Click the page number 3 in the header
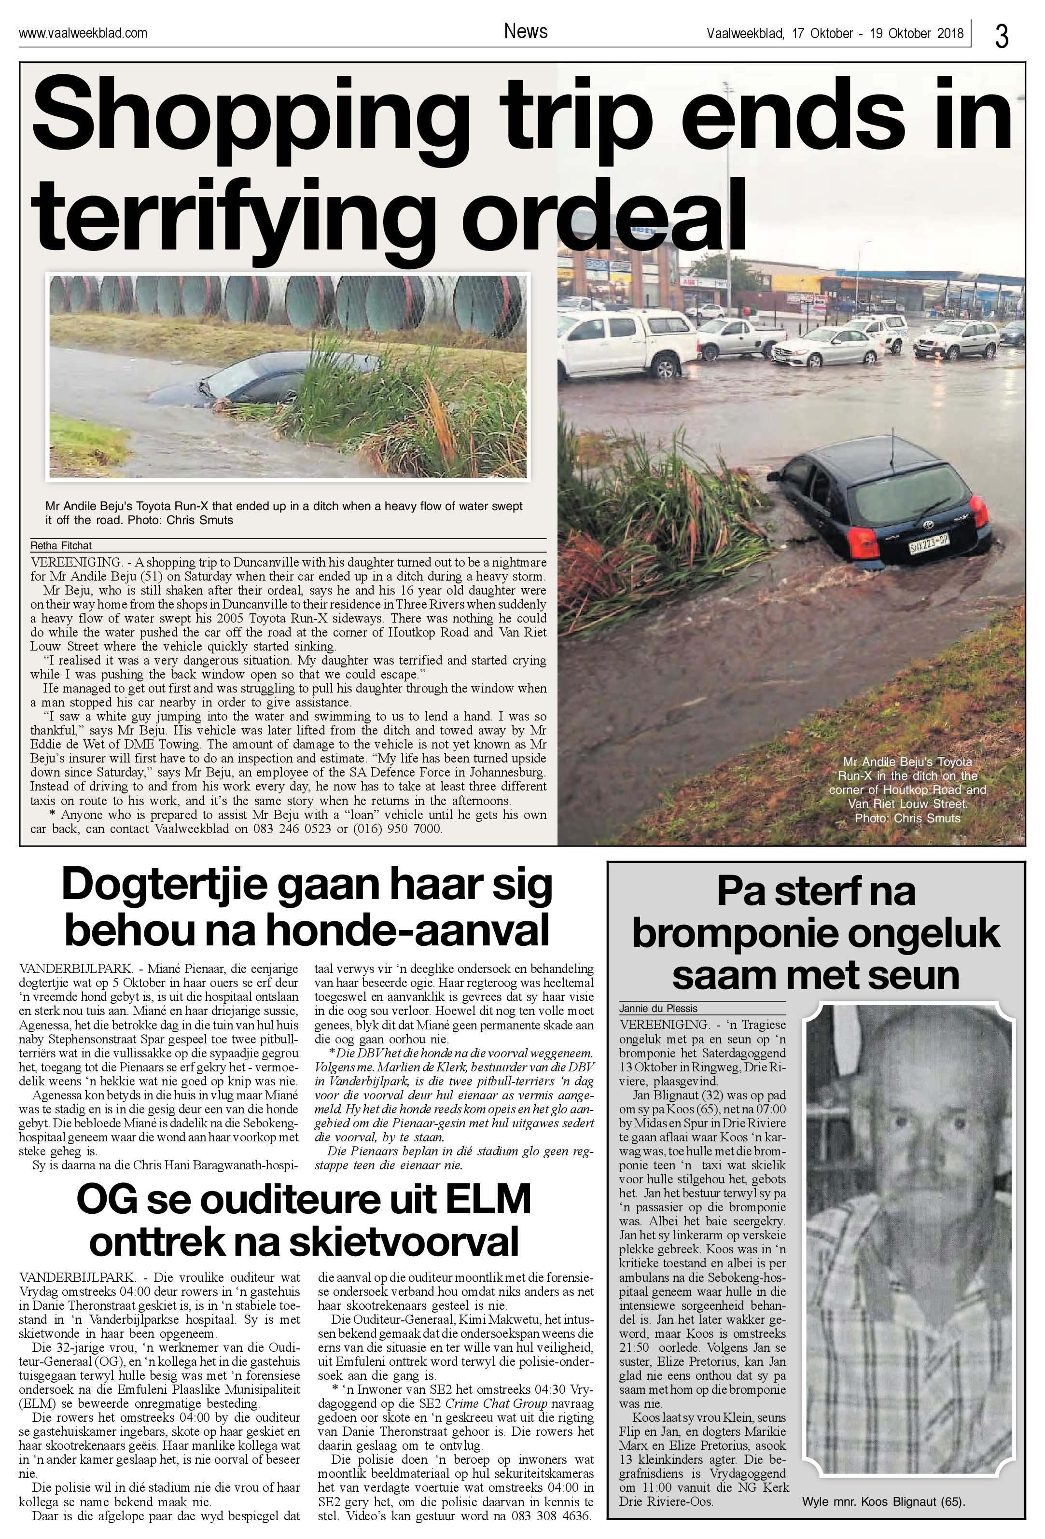(x=1001, y=36)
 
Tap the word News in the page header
(x=525, y=31)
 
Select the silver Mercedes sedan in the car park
(x=828, y=346)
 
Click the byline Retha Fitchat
(x=61, y=546)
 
